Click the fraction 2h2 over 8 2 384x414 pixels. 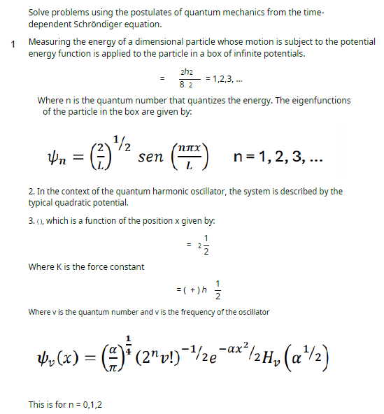[x=186, y=78]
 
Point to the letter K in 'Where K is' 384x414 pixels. [x=59, y=266]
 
